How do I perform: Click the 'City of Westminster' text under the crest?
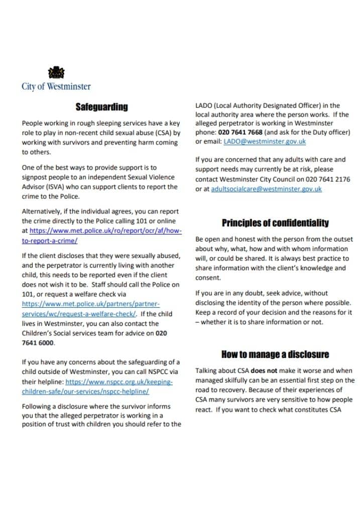coord(56,86)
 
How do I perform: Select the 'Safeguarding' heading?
coord(101,107)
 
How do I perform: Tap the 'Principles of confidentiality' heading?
coord(275,223)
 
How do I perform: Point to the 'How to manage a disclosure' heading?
coord(275,355)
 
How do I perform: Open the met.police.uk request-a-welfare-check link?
coord(85,309)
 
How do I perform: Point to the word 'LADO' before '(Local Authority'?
coord(204,105)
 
